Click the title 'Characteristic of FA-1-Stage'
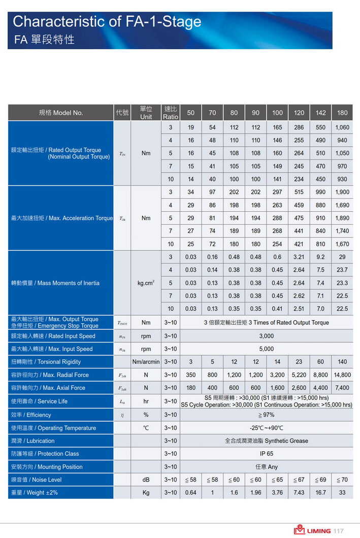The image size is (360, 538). tap(107, 22)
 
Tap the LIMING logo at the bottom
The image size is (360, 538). tap(312, 530)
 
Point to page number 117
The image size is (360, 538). tap(338, 531)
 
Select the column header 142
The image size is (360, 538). tap(320, 113)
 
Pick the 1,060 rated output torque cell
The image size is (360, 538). tap(342, 127)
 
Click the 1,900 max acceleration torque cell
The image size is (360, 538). tap(342, 192)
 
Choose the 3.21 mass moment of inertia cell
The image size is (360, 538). tap(299, 257)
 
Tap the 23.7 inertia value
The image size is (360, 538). tap(342, 270)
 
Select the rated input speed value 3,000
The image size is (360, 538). tap(266, 336)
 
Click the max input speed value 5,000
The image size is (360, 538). tap(266, 349)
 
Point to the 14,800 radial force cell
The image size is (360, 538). tap(342, 375)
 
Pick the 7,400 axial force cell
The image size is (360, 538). tap(342, 388)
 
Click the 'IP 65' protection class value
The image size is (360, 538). tap(266, 454)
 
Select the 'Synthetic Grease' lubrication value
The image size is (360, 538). tap(266, 441)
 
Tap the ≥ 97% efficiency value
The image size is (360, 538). tap(266, 415)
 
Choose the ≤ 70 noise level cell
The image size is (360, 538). tap(342, 480)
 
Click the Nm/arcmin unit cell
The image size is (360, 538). tap(146, 362)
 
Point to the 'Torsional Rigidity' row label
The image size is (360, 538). tap(46, 362)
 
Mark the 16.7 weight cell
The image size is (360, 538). tap(320, 493)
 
